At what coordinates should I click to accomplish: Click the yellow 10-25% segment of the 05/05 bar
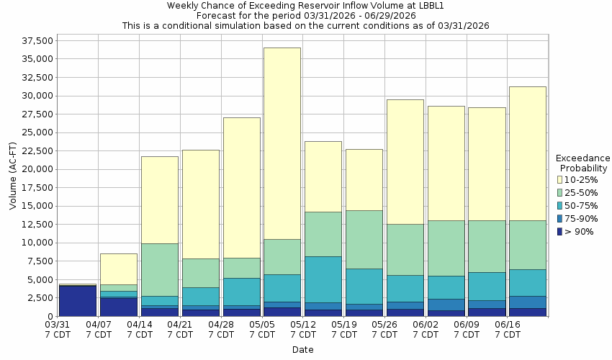(282, 143)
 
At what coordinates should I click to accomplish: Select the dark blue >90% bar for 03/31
(78, 301)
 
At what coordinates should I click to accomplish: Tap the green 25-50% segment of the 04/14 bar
(159, 269)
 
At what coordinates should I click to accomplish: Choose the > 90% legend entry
(580, 232)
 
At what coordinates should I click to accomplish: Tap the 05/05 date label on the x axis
(263, 330)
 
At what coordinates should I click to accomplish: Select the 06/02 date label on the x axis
(426, 330)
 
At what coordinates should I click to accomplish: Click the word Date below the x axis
(302, 350)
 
